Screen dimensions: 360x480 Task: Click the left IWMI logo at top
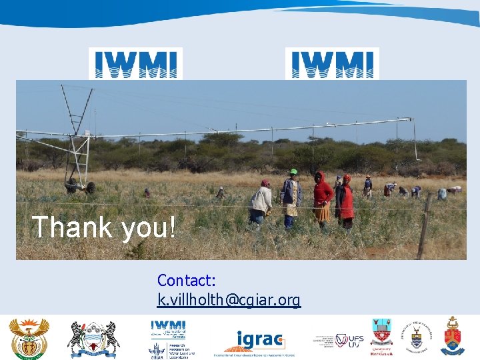(x=135, y=63)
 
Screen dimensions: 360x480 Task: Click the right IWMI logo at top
(x=332, y=63)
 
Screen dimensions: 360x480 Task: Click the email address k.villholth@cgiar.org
(x=229, y=301)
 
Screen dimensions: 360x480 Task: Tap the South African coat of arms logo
(x=29, y=338)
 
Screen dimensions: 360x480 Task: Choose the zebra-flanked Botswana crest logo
(x=93, y=339)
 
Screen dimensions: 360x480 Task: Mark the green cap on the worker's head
(x=293, y=172)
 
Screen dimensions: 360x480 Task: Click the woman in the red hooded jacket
(x=323, y=196)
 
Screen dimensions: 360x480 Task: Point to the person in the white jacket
(x=261, y=201)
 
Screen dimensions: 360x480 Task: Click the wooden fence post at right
(x=424, y=227)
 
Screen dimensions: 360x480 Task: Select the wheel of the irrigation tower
(x=90, y=188)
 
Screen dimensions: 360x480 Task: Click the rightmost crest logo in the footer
(x=453, y=337)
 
